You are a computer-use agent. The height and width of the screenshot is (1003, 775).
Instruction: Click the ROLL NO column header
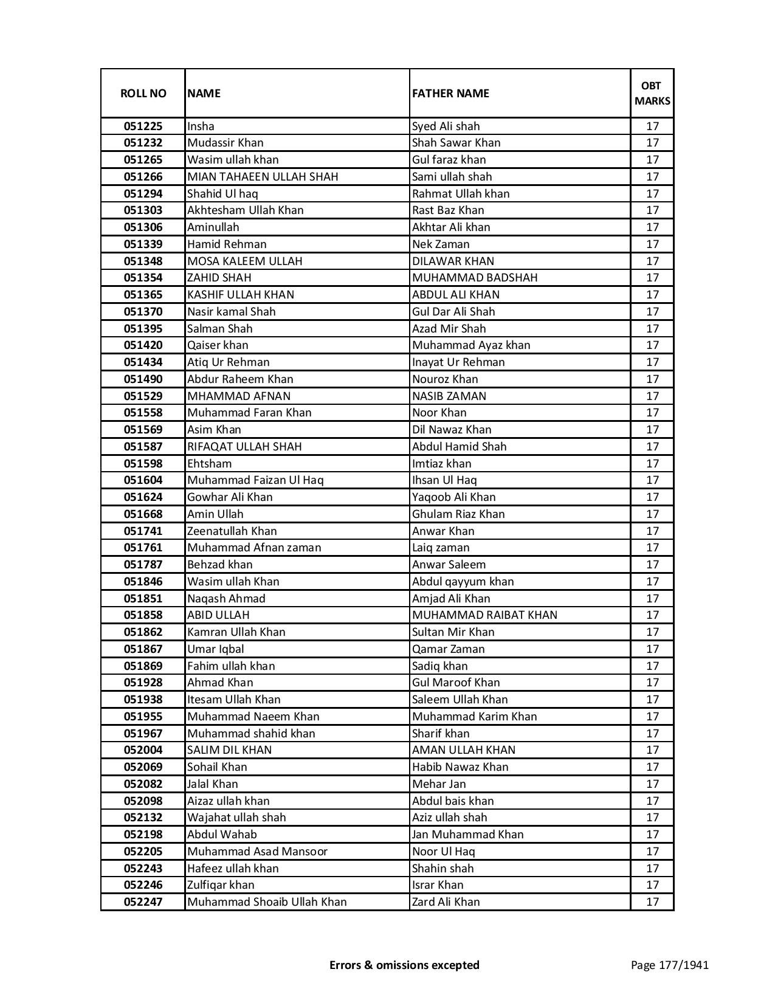[143, 94]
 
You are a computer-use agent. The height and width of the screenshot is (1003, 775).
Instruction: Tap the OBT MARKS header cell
[652, 94]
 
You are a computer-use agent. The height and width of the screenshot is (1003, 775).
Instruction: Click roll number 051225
[143, 126]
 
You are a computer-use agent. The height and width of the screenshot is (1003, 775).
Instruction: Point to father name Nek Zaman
[441, 244]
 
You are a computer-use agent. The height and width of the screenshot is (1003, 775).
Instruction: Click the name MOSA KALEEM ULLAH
[245, 261]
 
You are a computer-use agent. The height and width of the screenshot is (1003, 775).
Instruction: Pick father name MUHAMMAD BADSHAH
[475, 278]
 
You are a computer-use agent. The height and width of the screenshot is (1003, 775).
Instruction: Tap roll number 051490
[143, 379]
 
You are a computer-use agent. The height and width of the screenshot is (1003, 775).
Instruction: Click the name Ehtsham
[210, 464]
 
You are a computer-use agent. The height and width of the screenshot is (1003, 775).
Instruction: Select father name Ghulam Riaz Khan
[458, 514]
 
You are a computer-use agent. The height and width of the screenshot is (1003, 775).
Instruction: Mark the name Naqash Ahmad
[226, 599]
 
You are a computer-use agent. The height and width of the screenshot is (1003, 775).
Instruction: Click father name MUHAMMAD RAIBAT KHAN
[484, 615]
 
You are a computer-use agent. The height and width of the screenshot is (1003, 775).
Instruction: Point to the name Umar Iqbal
[216, 649]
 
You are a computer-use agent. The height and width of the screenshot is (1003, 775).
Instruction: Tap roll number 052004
[143, 750]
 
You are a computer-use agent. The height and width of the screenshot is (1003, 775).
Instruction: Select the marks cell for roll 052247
[652, 902]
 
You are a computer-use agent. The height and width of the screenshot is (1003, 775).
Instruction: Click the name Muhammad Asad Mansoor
[257, 852]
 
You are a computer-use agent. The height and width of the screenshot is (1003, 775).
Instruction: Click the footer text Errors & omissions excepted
[404, 965]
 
